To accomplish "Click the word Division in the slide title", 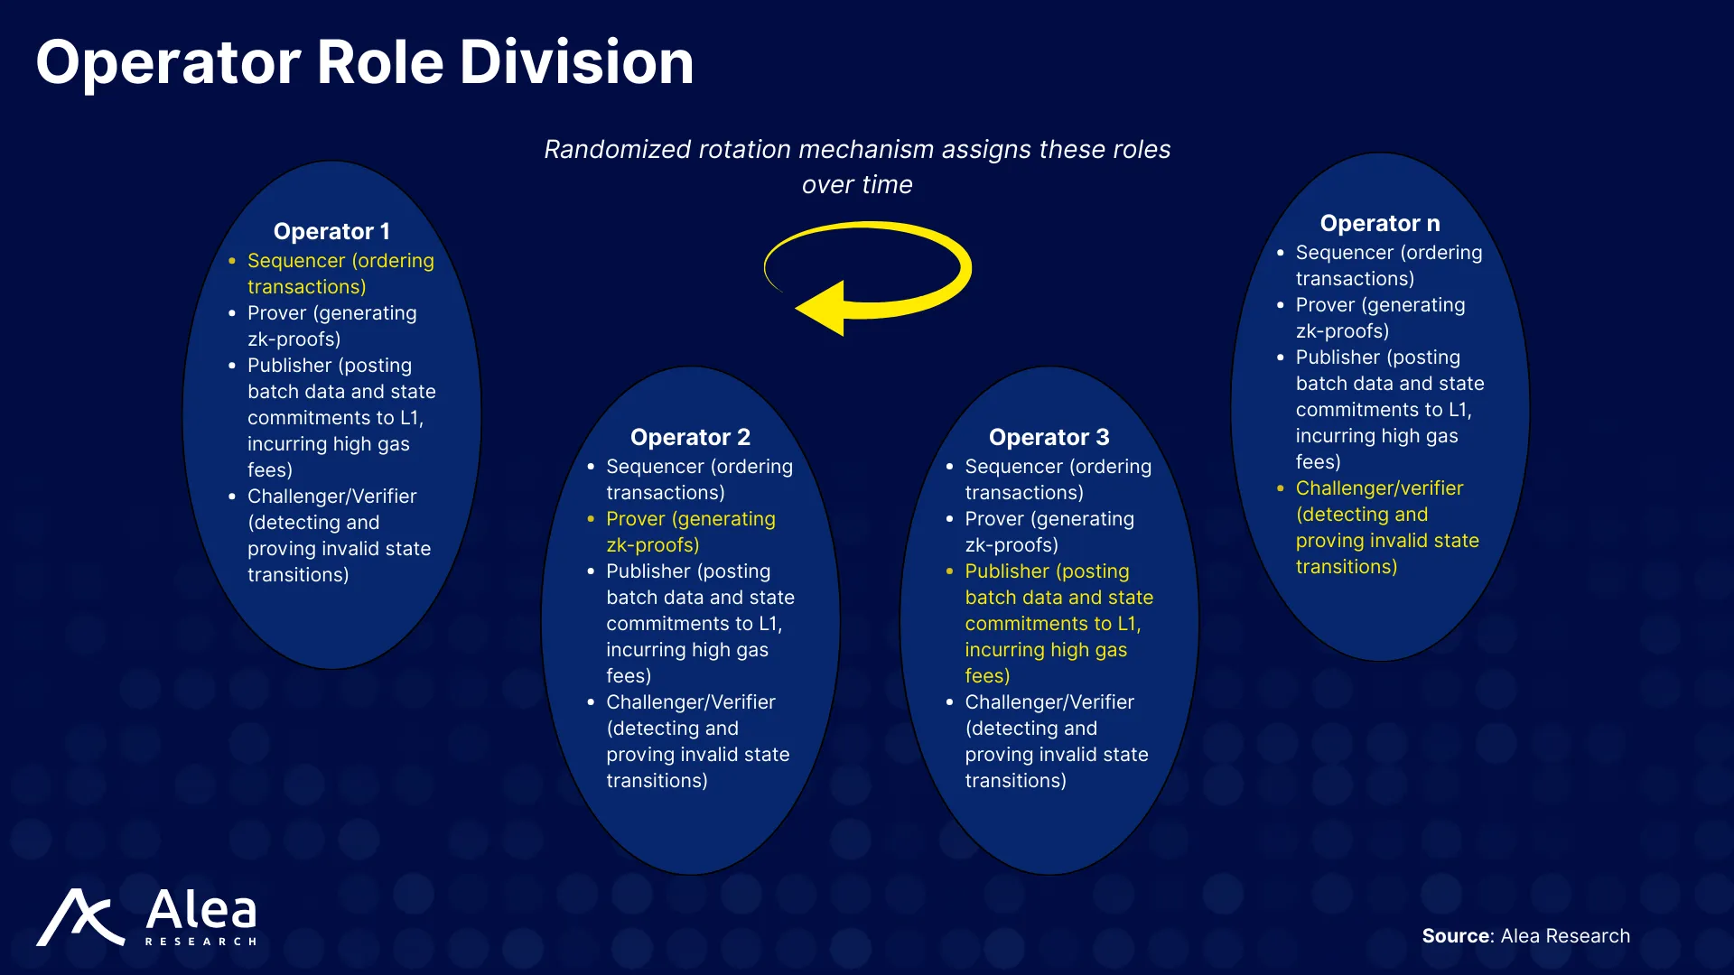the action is [576, 62].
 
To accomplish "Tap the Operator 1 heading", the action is [331, 231].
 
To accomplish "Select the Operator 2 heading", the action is [690, 437].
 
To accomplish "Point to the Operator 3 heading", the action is [1049, 437].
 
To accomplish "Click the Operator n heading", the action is [1380, 223].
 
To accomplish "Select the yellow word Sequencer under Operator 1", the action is [296, 261].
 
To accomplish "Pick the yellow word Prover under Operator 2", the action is [636, 519].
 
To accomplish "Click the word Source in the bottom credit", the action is [1455, 936].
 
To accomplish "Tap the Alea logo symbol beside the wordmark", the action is [80, 918].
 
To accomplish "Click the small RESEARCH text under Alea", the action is [201, 942].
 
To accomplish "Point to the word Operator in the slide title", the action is [168, 62].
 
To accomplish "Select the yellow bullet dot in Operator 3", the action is [949, 571].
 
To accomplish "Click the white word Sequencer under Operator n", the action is [1344, 253].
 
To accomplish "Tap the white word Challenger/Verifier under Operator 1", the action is [331, 497].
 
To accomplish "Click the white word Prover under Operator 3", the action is [994, 519].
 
